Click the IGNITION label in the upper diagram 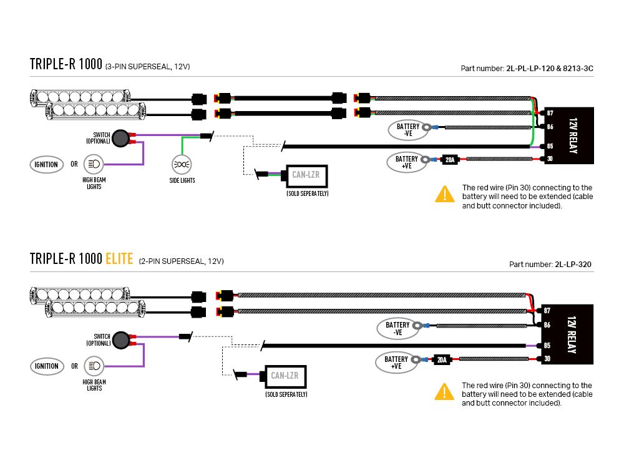pyautogui.click(x=46, y=165)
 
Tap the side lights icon pyautogui.click(x=182, y=165)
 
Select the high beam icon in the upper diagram pyautogui.click(x=94, y=165)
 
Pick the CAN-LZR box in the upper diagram pyautogui.click(x=306, y=175)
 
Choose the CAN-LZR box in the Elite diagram pyautogui.click(x=285, y=376)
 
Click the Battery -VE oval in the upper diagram pyautogui.click(x=408, y=130)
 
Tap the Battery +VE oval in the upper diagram pyautogui.click(x=407, y=162)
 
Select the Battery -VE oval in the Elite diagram pyautogui.click(x=397, y=328)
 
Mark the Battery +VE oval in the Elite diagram pyautogui.click(x=396, y=363)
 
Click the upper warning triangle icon pyautogui.click(x=444, y=194)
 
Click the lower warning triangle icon pyautogui.click(x=444, y=392)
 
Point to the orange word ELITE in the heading pyautogui.click(x=119, y=258)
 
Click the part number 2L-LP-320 pyautogui.click(x=573, y=265)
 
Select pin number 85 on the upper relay pyautogui.click(x=550, y=147)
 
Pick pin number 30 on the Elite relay pyautogui.click(x=547, y=359)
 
